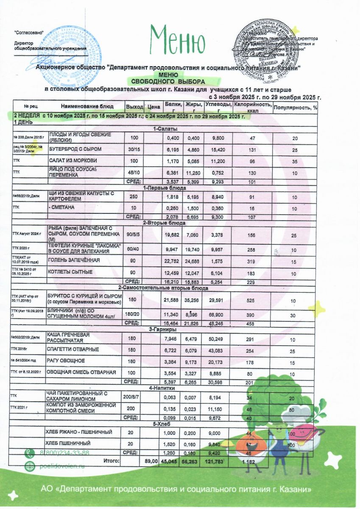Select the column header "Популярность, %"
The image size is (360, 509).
coord(295,107)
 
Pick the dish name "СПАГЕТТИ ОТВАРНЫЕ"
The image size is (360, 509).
coord(73,350)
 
